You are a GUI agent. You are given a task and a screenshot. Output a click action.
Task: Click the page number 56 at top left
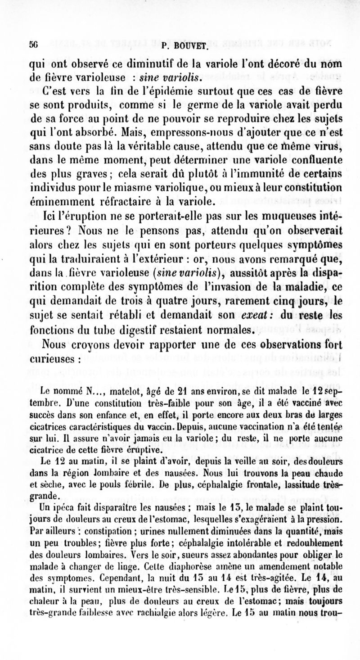click(32, 45)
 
